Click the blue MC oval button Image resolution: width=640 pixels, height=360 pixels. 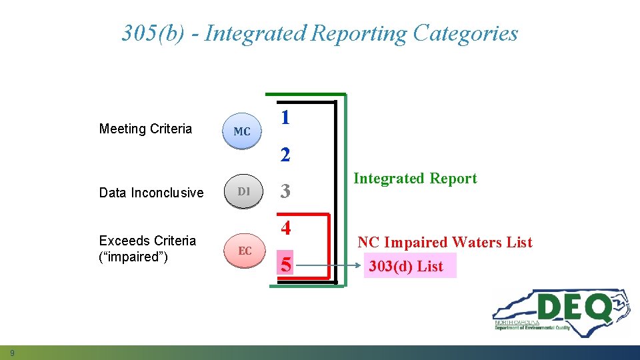click(x=242, y=131)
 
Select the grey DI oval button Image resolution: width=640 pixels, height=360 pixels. click(x=243, y=192)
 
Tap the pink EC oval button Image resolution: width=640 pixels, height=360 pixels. click(x=245, y=251)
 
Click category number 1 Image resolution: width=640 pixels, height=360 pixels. click(x=285, y=118)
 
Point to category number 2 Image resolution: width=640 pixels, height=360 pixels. click(x=285, y=155)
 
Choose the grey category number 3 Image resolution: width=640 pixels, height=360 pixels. click(x=285, y=192)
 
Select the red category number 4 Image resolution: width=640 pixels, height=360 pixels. click(x=285, y=229)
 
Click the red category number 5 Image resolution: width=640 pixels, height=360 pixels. click(x=285, y=266)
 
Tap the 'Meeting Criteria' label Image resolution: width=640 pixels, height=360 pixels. click(x=145, y=129)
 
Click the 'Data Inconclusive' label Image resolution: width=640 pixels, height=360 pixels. click(x=151, y=193)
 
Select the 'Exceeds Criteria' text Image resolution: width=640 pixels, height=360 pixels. click(x=147, y=241)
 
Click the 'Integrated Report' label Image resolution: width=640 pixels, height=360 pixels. click(x=415, y=179)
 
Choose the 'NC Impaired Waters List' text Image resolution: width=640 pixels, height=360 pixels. click(x=445, y=243)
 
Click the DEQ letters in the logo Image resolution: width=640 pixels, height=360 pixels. click(x=573, y=308)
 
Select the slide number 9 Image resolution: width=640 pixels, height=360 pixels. click(x=12, y=352)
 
